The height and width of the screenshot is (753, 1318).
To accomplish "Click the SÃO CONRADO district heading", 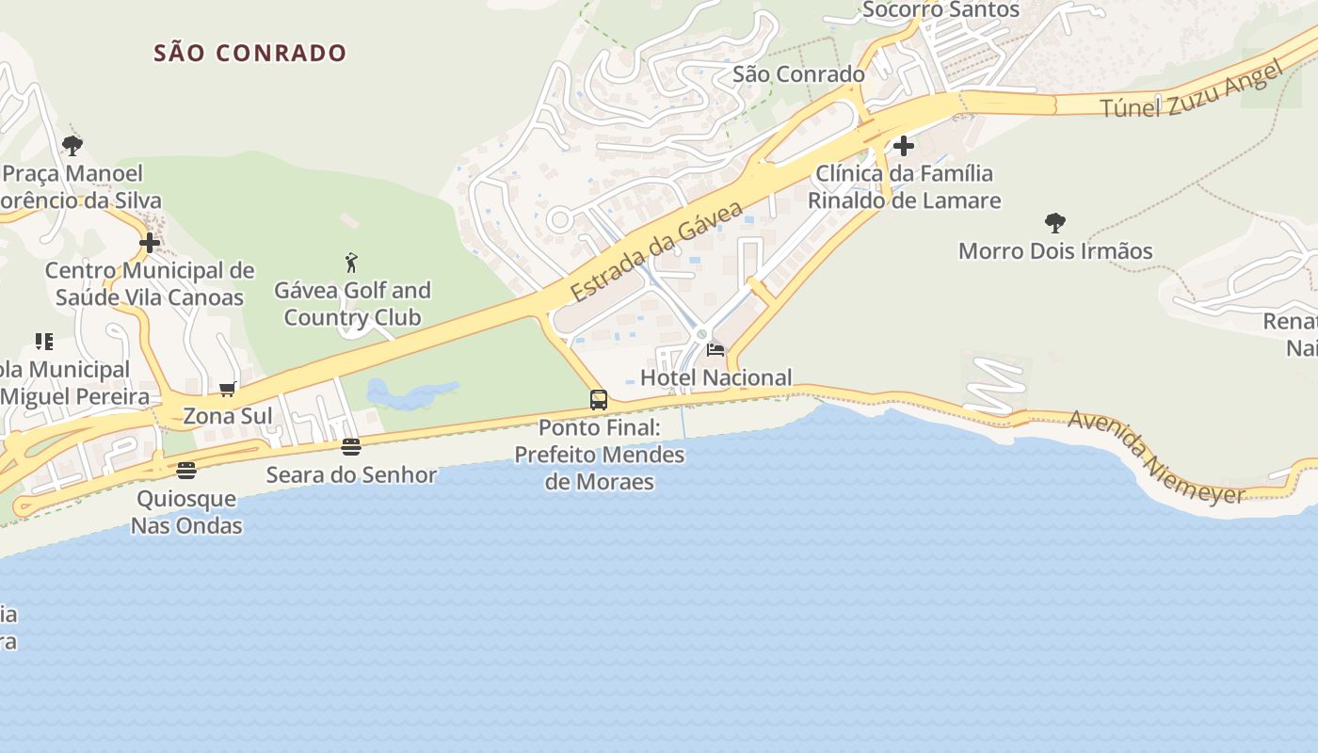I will point(250,53).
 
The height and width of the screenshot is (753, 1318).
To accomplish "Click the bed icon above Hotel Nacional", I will point(715,351).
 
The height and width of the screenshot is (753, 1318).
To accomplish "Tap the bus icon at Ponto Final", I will point(599,400).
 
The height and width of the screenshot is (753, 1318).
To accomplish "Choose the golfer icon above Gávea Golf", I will point(351,263).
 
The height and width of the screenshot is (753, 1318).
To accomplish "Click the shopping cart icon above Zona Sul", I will point(227,389).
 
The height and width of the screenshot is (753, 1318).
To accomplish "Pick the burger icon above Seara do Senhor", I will point(351,447).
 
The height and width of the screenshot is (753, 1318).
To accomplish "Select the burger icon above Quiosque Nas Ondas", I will point(186,471).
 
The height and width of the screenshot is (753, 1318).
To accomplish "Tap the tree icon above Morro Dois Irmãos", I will point(1055,223).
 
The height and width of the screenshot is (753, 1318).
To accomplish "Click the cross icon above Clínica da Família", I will point(904,146).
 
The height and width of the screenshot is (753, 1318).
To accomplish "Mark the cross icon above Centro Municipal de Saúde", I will point(150,243).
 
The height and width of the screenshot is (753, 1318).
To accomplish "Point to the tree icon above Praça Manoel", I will point(72,146).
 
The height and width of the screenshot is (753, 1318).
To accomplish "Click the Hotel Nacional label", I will point(715,377).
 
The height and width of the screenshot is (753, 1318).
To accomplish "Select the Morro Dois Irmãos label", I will point(1055,251).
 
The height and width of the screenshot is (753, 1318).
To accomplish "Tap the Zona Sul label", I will point(228,416).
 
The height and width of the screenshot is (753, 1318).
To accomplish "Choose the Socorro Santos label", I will point(940,10).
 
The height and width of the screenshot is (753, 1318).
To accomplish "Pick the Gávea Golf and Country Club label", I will point(352,304).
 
